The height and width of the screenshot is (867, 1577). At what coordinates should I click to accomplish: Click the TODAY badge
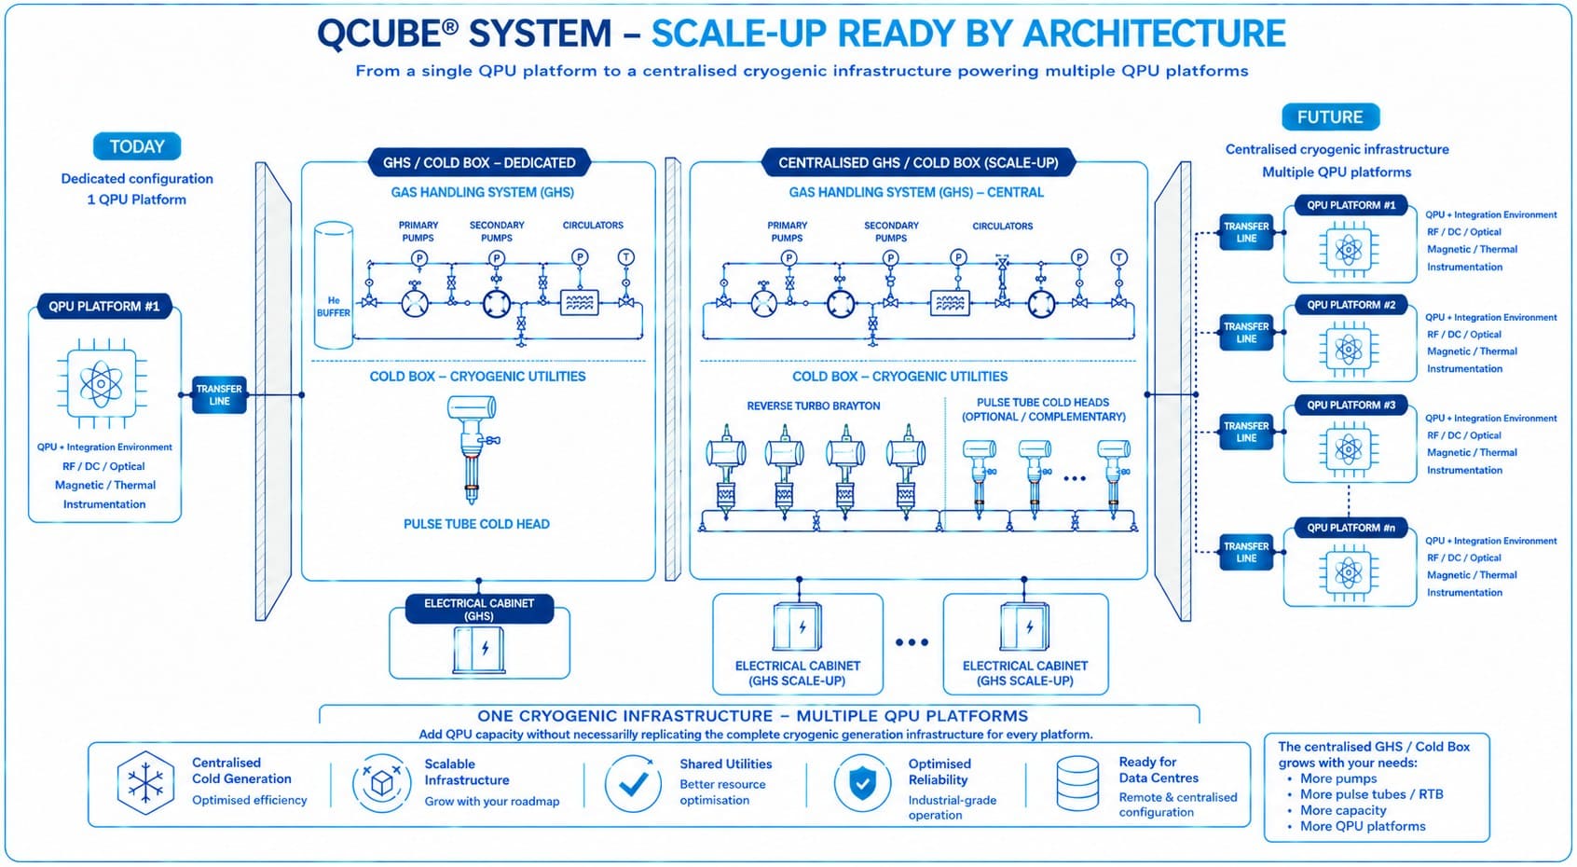pyautogui.click(x=137, y=146)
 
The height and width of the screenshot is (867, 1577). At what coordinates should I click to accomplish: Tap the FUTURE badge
pyautogui.click(x=1330, y=117)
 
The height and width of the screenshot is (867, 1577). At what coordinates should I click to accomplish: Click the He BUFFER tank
pyautogui.click(x=333, y=285)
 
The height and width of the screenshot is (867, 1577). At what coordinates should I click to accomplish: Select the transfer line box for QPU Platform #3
pyautogui.click(x=1246, y=432)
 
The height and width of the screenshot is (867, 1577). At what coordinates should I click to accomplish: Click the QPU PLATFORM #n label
pyautogui.click(x=1351, y=528)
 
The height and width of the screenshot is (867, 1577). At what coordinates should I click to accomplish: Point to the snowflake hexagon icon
pyautogui.click(x=145, y=783)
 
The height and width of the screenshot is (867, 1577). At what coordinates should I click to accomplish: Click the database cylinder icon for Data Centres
pyautogui.click(x=1077, y=783)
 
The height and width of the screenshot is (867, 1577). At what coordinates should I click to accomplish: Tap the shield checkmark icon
pyautogui.click(x=862, y=783)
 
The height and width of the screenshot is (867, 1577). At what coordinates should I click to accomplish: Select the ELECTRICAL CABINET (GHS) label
pyautogui.click(x=479, y=609)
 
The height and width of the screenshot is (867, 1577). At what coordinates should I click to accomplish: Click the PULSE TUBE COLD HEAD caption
pyautogui.click(x=476, y=524)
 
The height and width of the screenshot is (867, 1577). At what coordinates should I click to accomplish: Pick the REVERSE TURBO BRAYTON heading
pyautogui.click(x=813, y=406)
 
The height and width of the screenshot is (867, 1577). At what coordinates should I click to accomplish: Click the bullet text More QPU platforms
pyautogui.click(x=1363, y=826)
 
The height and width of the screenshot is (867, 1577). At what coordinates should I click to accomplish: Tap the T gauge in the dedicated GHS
pyautogui.click(x=625, y=258)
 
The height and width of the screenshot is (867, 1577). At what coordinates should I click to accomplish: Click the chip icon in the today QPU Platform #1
pyautogui.click(x=103, y=384)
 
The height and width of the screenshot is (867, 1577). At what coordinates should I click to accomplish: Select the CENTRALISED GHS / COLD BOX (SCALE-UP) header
pyautogui.click(x=918, y=163)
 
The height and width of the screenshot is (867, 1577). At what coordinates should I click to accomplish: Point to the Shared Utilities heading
pyautogui.click(x=725, y=764)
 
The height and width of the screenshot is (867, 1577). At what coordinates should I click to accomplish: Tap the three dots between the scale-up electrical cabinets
pyautogui.click(x=912, y=642)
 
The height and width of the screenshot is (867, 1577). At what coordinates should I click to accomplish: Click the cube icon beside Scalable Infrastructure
pyautogui.click(x=381, y=783)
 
